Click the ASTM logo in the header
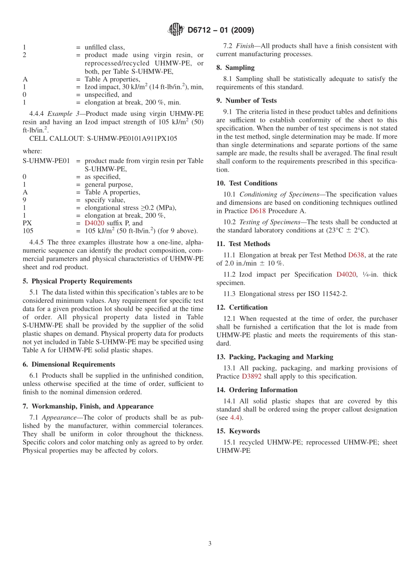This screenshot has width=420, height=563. tap(176, 30)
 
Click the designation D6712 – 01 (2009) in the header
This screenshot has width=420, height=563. tap(221, 30)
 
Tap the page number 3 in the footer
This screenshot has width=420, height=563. tap(210, 544)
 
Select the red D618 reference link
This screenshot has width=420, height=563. tap(258, 211)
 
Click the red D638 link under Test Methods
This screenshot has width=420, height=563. tap(356, 255)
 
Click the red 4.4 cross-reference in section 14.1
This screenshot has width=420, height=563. tap(235, 418)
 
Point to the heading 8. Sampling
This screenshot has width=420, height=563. tap(235, 68)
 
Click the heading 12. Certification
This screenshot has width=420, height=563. tap(242, 307)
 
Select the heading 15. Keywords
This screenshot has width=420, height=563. tap(238, 431)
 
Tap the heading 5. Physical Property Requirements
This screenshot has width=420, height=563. tap(77, 281)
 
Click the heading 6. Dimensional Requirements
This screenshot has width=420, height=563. tap(69, 364)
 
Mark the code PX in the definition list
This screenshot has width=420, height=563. tap(27, 223)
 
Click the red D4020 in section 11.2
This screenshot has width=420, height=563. tap(346, 274)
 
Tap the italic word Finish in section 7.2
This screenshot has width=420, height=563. tap(244, 46)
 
